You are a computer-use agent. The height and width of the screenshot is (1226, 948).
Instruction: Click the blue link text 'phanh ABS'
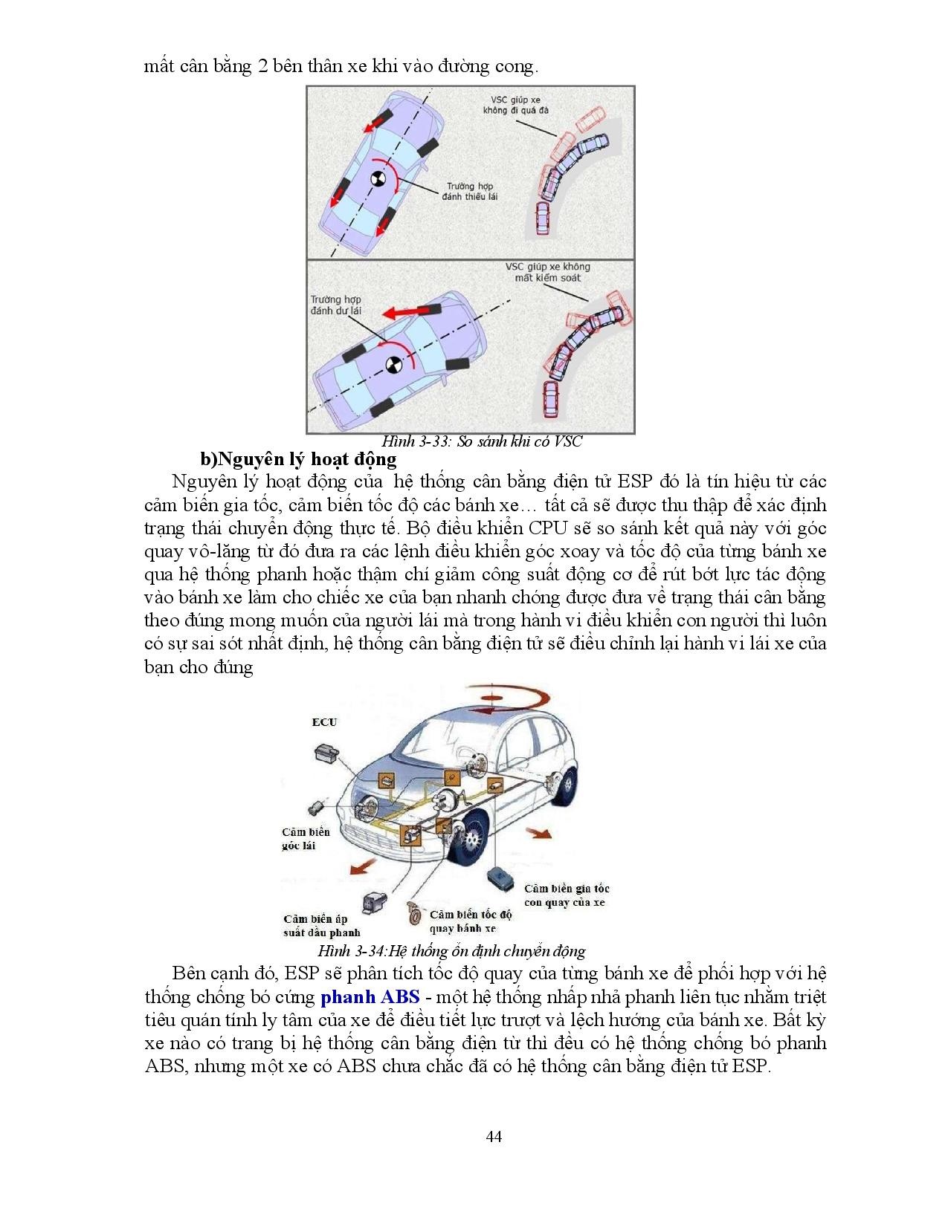click(370, 997)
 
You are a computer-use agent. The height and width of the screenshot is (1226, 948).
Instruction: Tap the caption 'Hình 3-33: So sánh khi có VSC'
click(481, 441)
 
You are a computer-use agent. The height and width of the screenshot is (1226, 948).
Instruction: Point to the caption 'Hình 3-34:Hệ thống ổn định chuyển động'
click(451, 951)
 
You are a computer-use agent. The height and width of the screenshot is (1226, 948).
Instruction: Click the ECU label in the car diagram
click(323, 721)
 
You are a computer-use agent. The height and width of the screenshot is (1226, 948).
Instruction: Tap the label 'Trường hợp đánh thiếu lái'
click(469, 191)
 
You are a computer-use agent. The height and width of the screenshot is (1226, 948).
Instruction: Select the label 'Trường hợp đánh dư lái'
click(335, 305)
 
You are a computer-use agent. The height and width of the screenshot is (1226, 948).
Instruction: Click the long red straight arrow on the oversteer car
click(399, 311)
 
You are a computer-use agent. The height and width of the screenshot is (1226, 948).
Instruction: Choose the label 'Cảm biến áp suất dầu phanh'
click(321, 926)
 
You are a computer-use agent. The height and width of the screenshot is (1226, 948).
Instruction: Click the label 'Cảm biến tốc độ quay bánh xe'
click(471, 921)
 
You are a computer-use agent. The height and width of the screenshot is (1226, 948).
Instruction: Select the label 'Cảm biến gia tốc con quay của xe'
click(566, 895)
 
